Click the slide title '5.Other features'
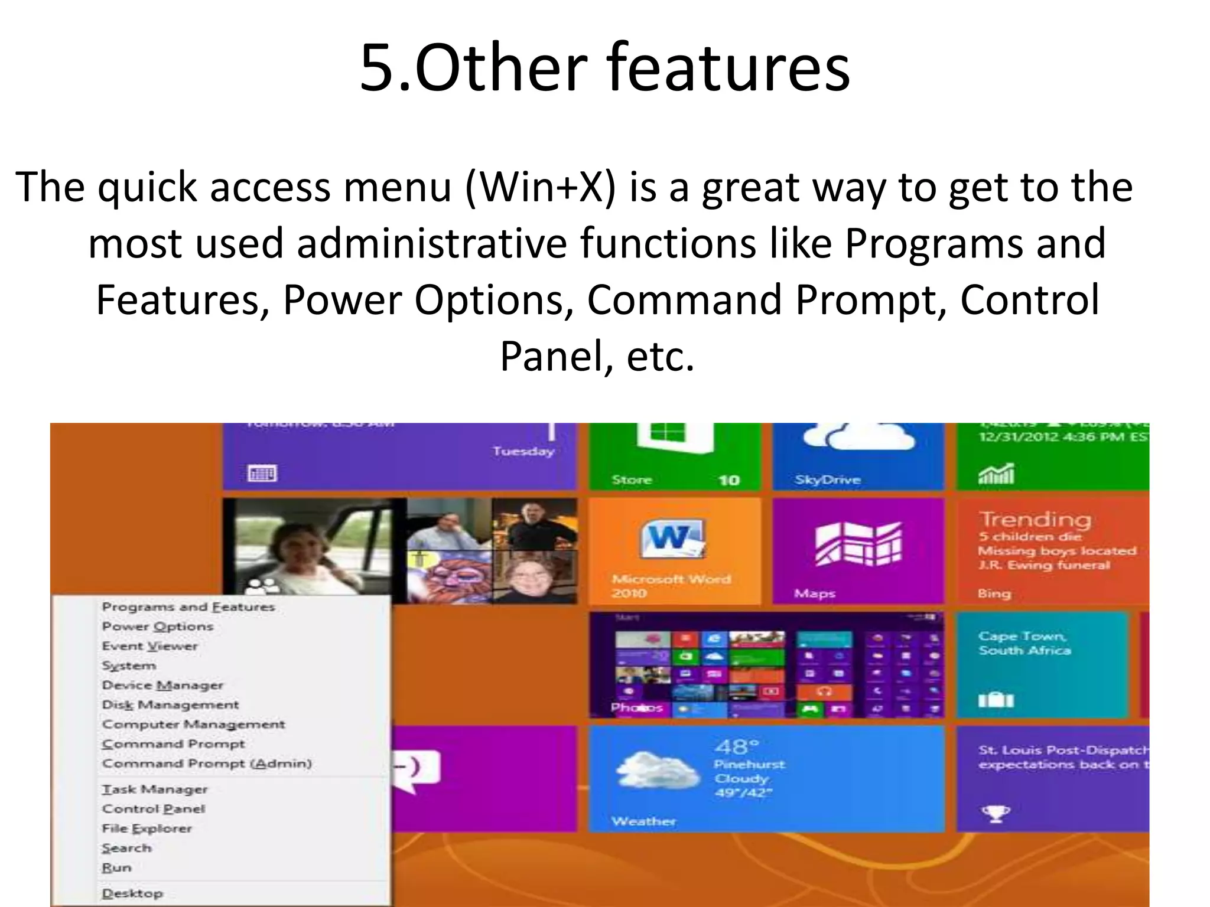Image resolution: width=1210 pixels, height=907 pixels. coord(604,68)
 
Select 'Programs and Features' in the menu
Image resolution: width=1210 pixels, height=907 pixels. coord(188,607)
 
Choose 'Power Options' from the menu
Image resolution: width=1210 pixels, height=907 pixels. coord(157,627)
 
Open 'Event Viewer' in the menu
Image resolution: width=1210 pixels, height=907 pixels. coord(149,646)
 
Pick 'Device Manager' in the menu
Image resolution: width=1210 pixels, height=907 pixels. coord(162,686)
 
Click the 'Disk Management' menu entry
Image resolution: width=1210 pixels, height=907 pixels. coord(170,705)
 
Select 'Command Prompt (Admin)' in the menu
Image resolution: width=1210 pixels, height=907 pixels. coord(207,764)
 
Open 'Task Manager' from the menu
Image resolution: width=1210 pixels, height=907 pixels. coord(155,789)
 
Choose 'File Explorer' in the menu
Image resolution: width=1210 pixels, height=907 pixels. coord(147,828)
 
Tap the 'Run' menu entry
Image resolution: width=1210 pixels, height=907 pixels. coord(116,868)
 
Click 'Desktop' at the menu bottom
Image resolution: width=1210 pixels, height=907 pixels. coord(132,893)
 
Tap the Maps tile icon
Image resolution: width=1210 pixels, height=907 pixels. coord(858,544)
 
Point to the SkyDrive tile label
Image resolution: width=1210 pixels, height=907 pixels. coord(827,480)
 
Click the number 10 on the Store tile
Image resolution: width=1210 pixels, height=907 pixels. coord(729,480)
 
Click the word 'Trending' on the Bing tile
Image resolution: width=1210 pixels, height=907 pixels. coord(1035,520)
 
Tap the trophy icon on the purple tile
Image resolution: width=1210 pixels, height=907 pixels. coord(996,814)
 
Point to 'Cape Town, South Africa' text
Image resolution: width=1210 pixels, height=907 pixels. coord(1024,643)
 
